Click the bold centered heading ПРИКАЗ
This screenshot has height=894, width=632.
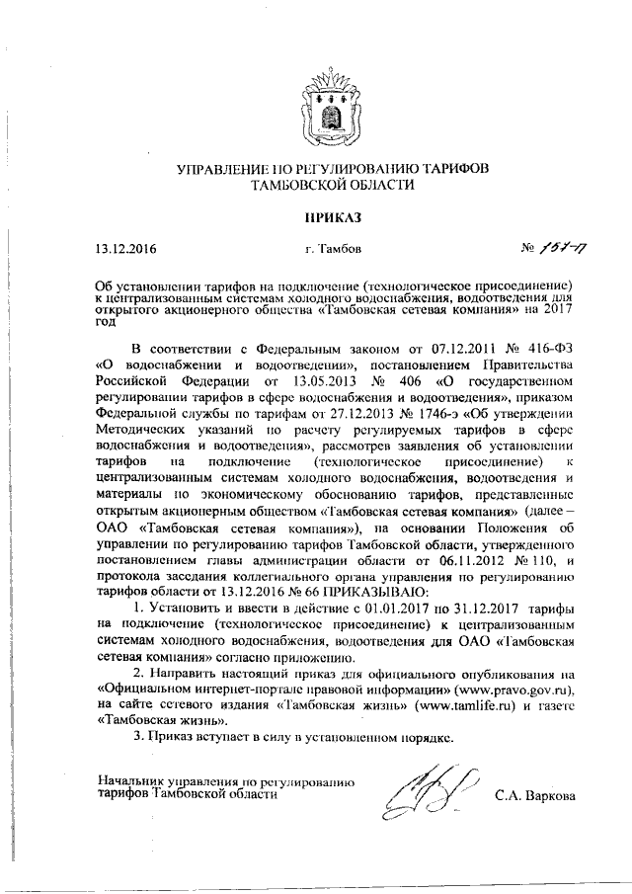[x=318, y=214]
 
